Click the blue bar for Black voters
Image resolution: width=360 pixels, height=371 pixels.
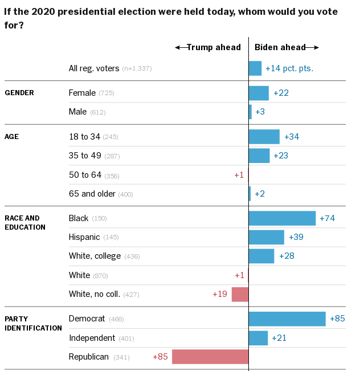point(282,218)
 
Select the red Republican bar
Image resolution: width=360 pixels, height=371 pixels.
point(210,357)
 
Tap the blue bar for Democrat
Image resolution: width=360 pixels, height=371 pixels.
point(287,319)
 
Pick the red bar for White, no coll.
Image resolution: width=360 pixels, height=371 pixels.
point(240,294)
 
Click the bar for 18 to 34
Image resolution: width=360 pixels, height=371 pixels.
point(264,137)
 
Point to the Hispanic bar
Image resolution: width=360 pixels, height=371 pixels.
point(267,237)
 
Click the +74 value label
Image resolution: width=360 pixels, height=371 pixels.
point(327,218)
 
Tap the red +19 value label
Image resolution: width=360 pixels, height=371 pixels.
point(220,294)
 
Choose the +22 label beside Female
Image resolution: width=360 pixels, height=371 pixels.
point(281,93)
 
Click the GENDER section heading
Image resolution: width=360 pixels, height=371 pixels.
point(19,93)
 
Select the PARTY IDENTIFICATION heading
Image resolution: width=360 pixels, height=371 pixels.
point(33,323)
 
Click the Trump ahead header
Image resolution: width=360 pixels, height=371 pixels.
point(208,47)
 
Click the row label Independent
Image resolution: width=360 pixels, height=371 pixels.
point(92,338)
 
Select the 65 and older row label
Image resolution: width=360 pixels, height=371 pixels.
point(92,194)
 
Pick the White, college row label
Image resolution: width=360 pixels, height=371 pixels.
point(95,256)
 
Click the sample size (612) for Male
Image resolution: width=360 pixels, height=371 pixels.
point(97,112)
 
